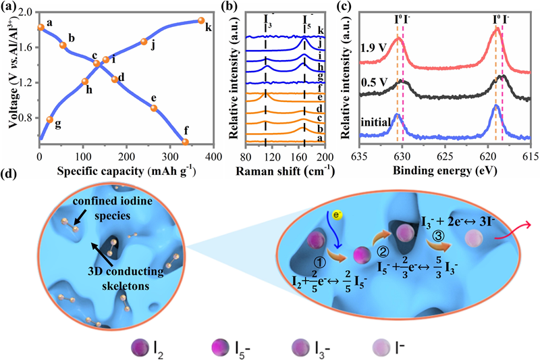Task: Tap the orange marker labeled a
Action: pyautogui.click(x=40, y=27)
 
